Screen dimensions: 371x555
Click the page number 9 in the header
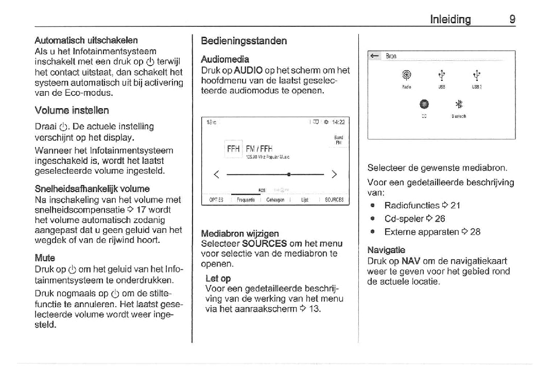[x=512, y=20]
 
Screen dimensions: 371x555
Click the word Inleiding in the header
[x=450, y=20]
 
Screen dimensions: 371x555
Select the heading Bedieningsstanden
[x=244, y=41]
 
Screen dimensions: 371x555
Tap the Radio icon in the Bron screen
[x=406, y=75]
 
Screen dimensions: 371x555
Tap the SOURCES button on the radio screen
[x=334, y=200]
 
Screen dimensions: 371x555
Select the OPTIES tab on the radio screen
[x=216, y=200]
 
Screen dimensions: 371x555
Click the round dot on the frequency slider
[x=289, y=174]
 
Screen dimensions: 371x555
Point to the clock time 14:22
[x=338, y=122]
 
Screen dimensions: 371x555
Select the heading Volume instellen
[x=72, y=110]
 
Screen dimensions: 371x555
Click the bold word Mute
[x=45, y=258]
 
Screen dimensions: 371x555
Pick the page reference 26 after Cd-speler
[x=440, y=218]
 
